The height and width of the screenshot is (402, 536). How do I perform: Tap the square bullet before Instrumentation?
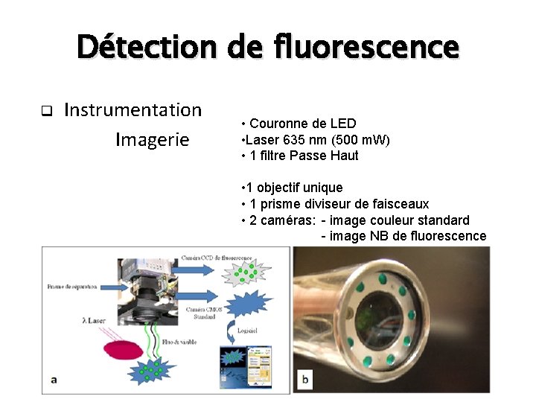tap(45, 112)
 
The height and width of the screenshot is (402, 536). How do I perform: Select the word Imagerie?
tap(153, 139)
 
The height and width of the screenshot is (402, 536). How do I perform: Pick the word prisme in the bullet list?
tap(281, 203)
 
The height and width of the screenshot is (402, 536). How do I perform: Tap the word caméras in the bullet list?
tap(287, 220)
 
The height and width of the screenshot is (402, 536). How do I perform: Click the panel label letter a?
tap(54, 379)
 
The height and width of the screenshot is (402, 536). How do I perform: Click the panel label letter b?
tap(304, 379)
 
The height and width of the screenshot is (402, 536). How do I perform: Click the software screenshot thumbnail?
tap(246, 364)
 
